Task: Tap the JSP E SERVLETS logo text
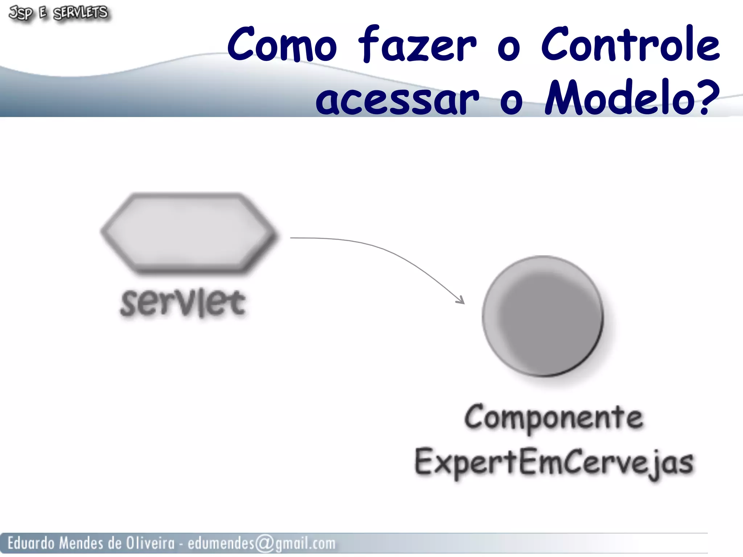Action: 58,13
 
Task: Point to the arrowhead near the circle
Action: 461,300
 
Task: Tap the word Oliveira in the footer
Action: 150,543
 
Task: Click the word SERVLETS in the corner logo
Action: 81,13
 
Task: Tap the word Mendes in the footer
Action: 81,543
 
